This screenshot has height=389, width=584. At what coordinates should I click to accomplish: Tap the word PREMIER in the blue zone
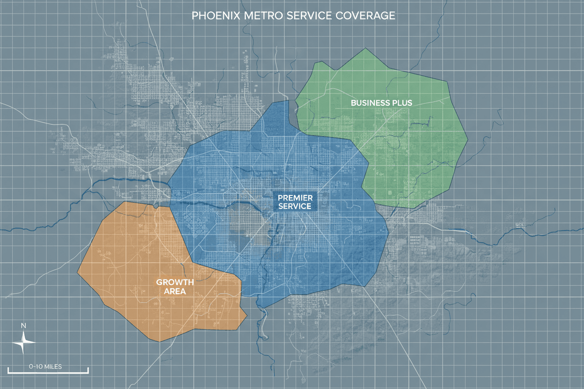click(x=295, y=198)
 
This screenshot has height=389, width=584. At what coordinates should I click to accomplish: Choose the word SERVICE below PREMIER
click(x=295, y=206)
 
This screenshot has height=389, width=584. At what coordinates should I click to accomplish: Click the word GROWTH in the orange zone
click(x=175, y=282)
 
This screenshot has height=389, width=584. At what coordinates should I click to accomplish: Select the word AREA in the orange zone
click(x=175, y=291)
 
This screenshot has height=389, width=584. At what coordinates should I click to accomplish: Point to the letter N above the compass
click(x=23, y=325)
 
